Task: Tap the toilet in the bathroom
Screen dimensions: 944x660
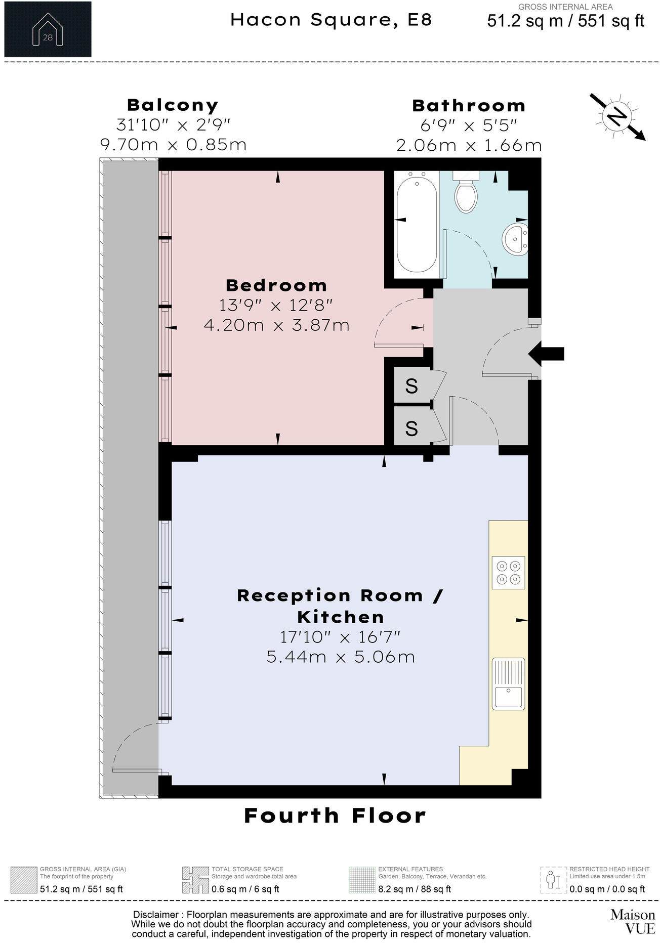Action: [466, 195]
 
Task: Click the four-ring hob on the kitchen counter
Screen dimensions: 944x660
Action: [508, 573]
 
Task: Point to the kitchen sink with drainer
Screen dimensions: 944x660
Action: [508, 684]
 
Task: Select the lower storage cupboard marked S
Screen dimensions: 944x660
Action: [411, 428]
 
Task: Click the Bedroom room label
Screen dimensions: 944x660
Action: [276, 285]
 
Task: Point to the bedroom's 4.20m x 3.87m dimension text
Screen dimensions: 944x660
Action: [276, 325]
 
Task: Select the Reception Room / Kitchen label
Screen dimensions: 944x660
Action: [340, 606]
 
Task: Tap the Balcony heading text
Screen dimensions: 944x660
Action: [173, 105]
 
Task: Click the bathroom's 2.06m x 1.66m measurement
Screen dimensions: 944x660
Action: [469, 146]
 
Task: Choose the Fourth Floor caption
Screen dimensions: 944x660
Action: [335, 816]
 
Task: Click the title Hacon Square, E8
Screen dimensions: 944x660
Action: [331, 20]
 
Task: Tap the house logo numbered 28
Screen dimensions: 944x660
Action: [48, 29]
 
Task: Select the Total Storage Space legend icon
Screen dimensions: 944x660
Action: [195, 880]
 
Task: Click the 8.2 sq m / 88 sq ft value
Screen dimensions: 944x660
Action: [415, 889]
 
